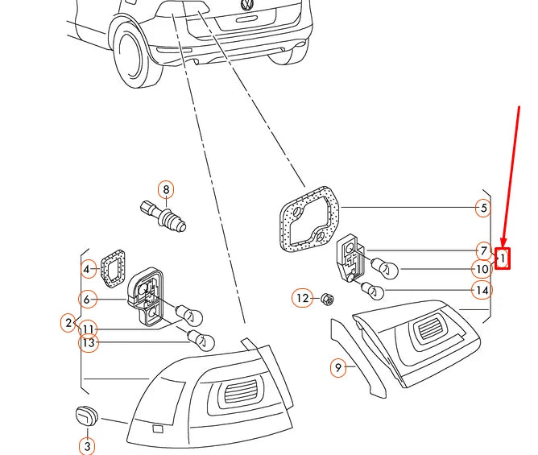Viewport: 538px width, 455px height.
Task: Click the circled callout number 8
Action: point(166,190)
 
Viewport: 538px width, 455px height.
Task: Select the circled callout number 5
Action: point(482,208)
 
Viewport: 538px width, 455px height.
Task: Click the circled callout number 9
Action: point(338,367)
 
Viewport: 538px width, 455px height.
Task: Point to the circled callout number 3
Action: point(86,299)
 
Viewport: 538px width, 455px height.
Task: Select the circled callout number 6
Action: point(86,299)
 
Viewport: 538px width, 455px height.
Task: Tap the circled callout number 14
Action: point(482,290)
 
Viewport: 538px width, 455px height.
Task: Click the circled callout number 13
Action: point(88,343)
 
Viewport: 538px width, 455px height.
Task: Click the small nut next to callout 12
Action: point(327,300)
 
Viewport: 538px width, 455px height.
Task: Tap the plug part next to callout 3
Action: point(85,416)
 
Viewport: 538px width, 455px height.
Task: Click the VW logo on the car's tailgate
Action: point(247,6)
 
